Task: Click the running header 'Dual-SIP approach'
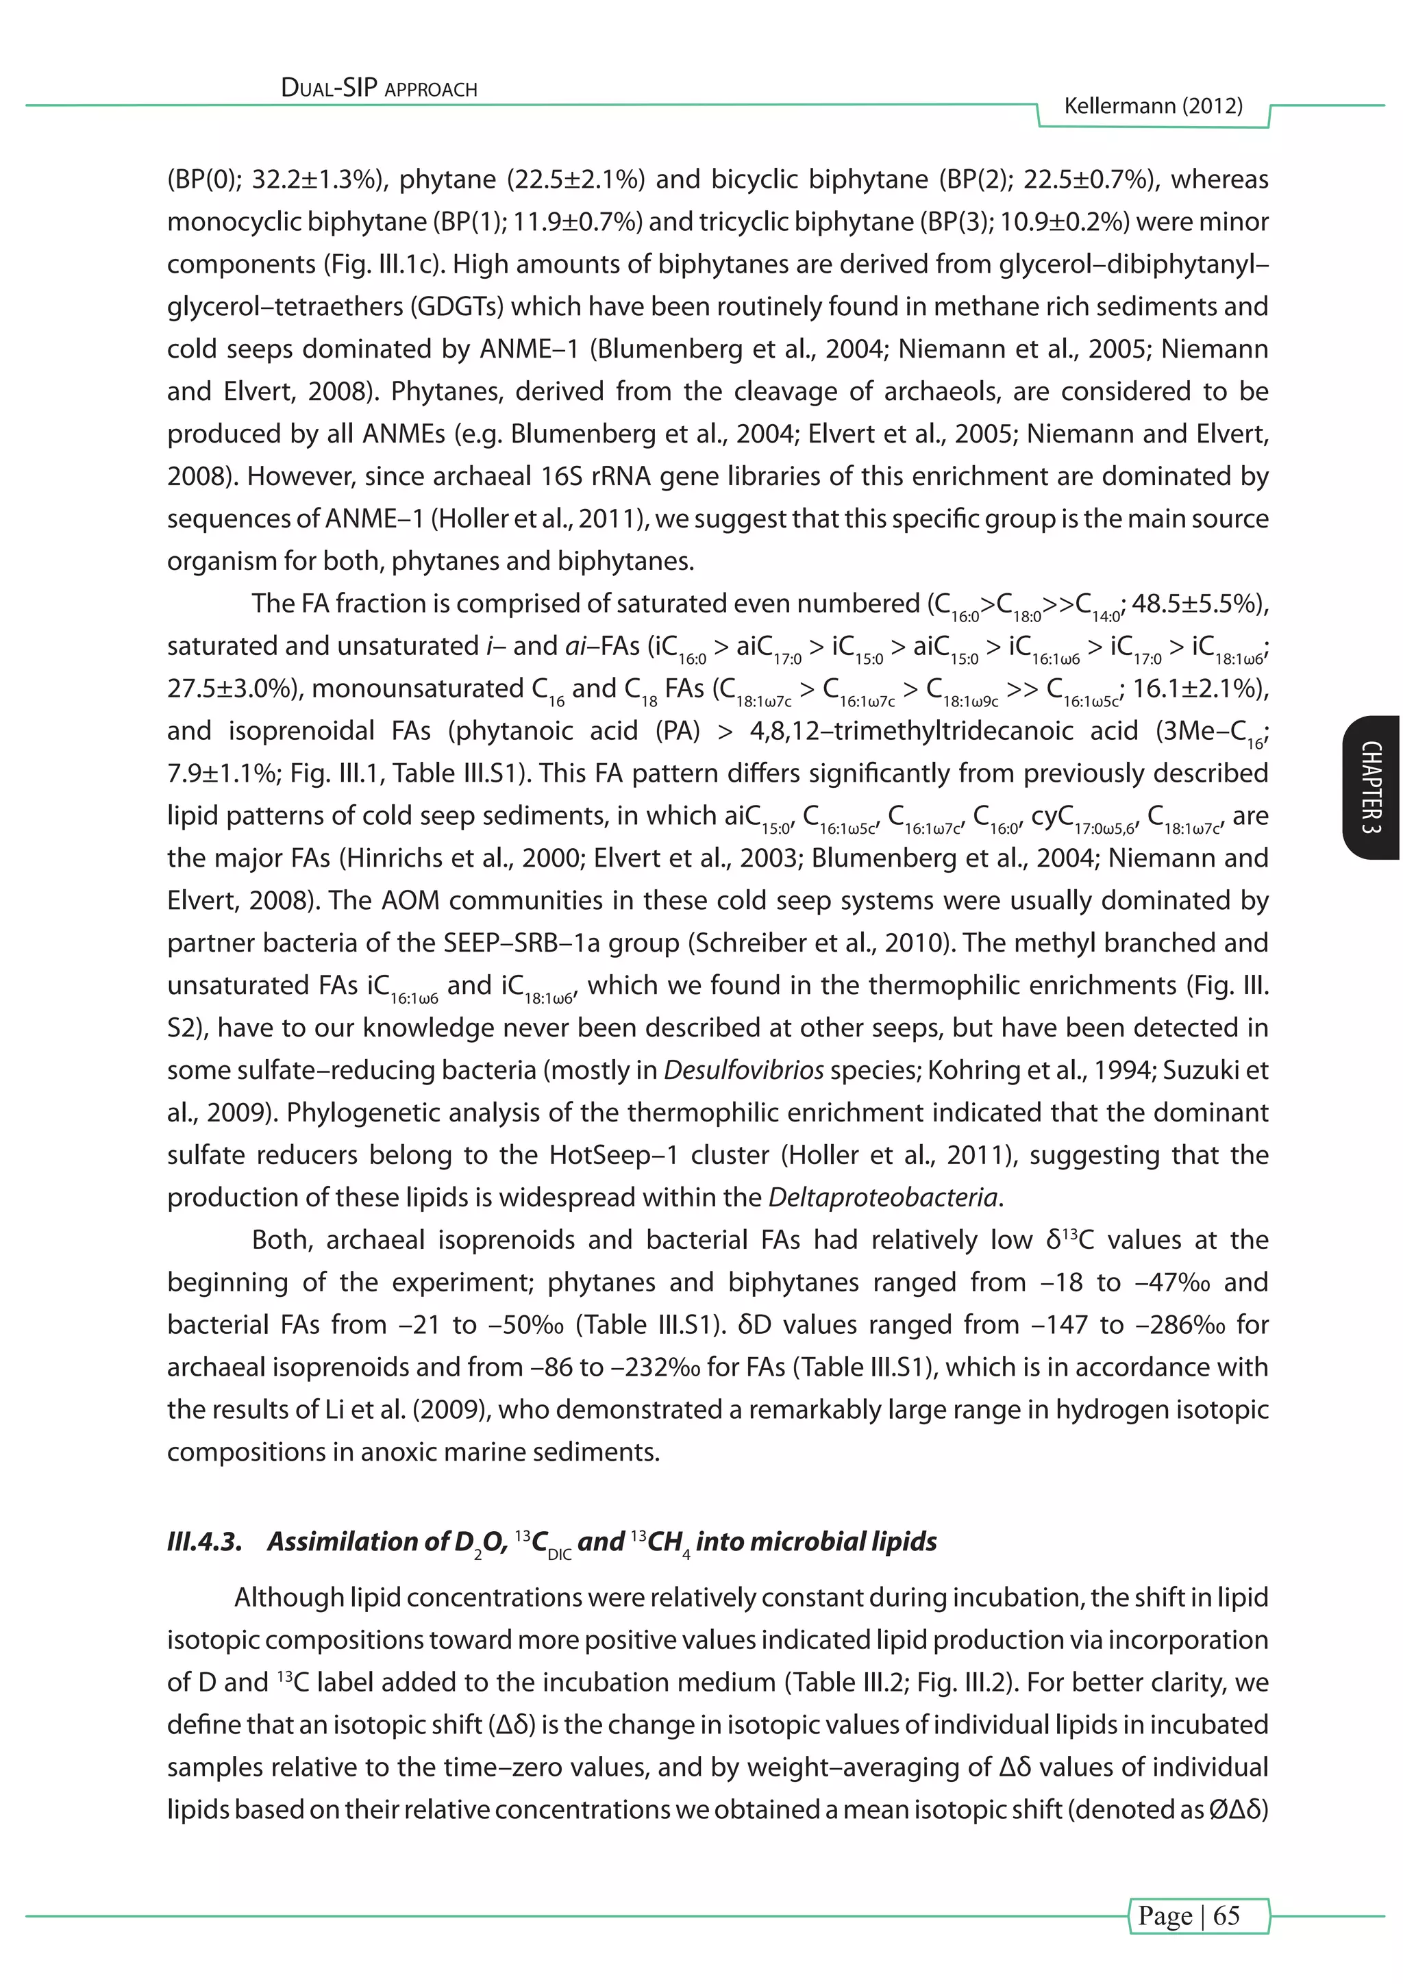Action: tap(380, 88)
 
